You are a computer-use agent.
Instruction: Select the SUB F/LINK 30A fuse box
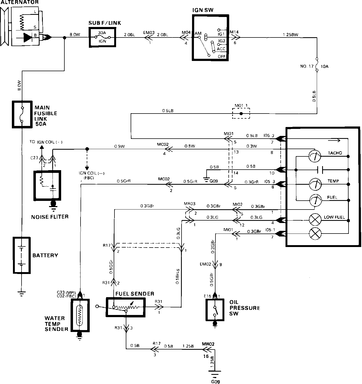coord(102,38)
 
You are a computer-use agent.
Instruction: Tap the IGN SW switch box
coord(210,37)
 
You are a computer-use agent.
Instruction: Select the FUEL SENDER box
coord(126,307)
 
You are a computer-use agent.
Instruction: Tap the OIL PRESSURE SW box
coord(215,310)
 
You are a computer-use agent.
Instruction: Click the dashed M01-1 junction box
coord(241,114)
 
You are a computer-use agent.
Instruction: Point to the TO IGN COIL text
coord(46,142)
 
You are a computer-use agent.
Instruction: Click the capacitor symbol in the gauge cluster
coord(319,170)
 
